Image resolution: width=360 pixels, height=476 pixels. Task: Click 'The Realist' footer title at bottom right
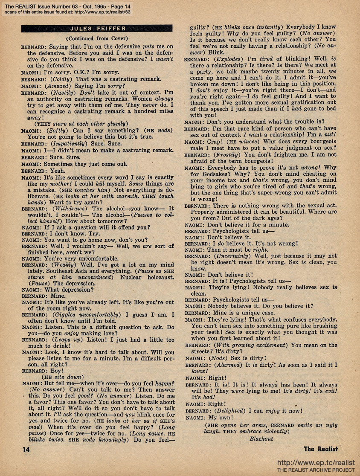click(321, 449)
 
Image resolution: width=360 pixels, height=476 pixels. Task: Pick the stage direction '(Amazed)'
click(60, 86)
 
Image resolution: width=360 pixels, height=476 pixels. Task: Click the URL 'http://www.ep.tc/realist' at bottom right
click(316, 462)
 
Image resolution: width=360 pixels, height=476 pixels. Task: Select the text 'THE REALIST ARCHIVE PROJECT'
click(316, 470)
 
